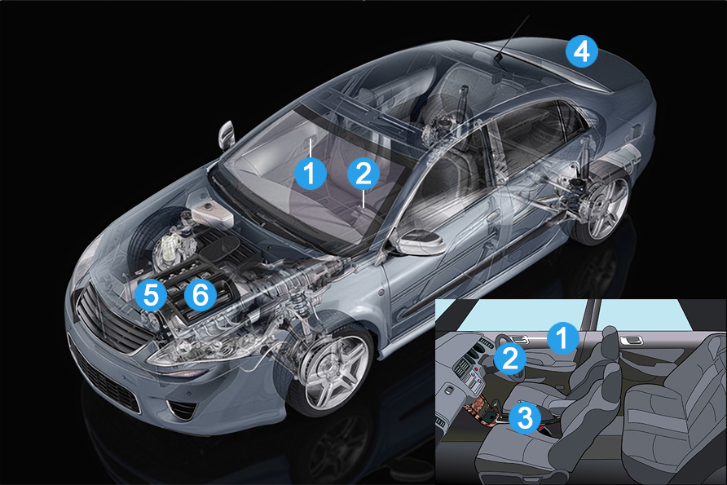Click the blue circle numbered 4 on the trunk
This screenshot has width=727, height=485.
582,51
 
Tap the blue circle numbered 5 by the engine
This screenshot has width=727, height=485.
151,294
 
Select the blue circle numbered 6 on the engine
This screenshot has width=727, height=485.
200,294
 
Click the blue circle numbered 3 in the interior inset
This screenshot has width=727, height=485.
525,418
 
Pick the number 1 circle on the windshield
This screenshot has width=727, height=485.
311,174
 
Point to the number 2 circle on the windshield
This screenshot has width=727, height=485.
363,174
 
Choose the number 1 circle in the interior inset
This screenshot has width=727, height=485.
562,337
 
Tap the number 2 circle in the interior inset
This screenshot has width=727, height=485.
509,359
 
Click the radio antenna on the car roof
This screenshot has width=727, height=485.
513,38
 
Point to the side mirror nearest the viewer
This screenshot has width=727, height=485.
418,241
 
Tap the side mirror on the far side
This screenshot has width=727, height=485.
227,135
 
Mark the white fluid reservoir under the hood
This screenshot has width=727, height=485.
211,214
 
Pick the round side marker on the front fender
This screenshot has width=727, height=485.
381,293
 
